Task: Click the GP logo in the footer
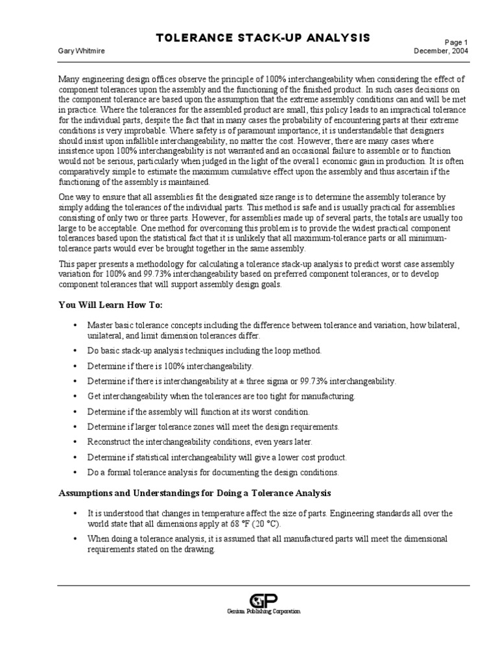pos(263,600)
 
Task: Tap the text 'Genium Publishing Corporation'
pos(263,611)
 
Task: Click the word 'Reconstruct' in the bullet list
pos(111,442)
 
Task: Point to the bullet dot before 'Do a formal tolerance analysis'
pos(77,472)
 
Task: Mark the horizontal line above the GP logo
pos(263,585)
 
